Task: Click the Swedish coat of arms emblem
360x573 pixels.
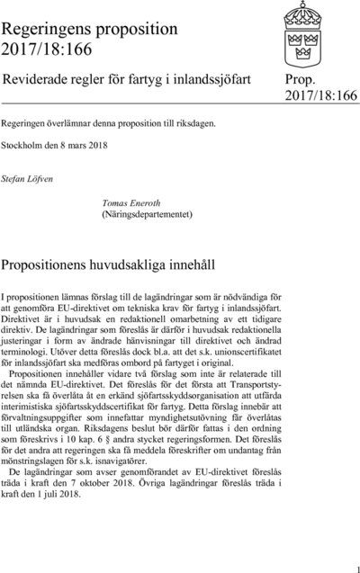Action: pos(321,31)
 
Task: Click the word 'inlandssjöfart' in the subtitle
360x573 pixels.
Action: pos(209,79)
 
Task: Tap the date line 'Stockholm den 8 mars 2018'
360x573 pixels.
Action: pos(54,142)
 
